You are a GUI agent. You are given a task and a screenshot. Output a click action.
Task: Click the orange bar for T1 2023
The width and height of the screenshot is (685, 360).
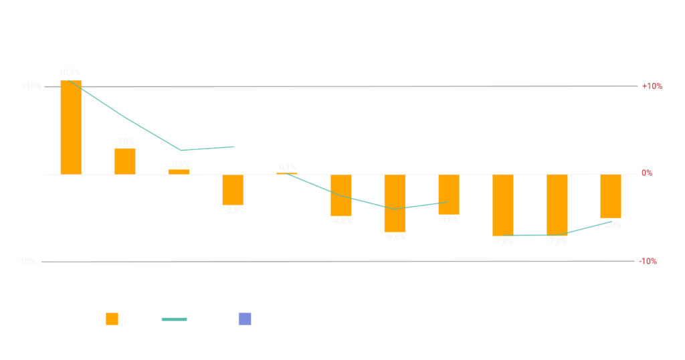click(x=71, y=127)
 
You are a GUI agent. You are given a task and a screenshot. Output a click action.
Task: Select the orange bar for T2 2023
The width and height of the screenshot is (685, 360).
click(x=124, y=161)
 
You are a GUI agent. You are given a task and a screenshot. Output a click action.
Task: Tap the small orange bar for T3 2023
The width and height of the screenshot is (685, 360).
click(x=179, y=171)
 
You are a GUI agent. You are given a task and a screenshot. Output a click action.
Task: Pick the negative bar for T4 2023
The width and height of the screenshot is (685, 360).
click(x=233, y=189)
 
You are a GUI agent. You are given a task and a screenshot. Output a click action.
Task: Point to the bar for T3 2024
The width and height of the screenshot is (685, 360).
click(x=395, y=203)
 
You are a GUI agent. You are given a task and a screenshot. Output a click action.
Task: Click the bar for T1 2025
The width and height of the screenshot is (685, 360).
click(x=503, y=205)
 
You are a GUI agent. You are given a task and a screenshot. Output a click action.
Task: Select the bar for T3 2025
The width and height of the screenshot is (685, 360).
click(x=611, y=197)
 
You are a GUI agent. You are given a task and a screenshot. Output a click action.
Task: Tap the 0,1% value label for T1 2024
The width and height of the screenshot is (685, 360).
click(x=288, y=167)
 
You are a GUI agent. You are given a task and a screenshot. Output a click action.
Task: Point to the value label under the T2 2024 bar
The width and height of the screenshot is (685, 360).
click(x=342, y=221)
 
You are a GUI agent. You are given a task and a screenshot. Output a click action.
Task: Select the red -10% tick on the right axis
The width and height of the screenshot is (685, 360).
click(x=648, y=262)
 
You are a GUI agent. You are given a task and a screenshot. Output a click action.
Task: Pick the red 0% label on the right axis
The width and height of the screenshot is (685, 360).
click(x=647, y=173)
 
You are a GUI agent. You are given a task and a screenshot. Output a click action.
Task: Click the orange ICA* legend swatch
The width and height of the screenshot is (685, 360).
click(x=112, y=320)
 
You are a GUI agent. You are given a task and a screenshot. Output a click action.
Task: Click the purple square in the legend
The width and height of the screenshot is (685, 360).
click(x=246, y=320)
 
